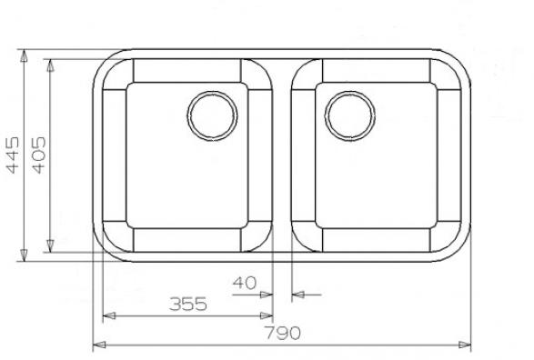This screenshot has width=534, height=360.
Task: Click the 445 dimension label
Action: tap(13, 155)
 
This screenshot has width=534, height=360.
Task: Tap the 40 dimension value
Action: tap(245, 283)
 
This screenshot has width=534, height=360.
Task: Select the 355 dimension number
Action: tap(188, 304)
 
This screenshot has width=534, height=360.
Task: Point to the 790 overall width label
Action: tap(283, 333)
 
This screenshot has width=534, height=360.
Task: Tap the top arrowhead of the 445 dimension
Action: tap(24, 55)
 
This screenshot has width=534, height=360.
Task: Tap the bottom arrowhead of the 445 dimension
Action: tap(24, 255)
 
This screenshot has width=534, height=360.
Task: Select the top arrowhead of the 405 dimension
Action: tap(50, 65)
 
